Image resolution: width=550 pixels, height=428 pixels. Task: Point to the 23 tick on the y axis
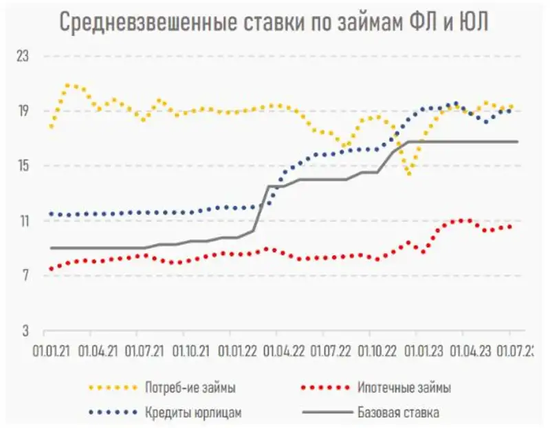(23, 56)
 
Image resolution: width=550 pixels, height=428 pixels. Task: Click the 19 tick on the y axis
(23, 111)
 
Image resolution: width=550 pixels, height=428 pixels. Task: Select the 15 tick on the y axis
(23, 167)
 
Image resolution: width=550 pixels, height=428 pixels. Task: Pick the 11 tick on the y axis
(23, 222)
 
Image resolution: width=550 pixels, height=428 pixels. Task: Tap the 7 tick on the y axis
(25, 277)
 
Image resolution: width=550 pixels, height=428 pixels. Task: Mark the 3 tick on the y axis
(25, 332)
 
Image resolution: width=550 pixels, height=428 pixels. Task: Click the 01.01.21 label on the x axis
(51, 350)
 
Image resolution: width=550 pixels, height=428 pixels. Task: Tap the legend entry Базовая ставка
(398, 413)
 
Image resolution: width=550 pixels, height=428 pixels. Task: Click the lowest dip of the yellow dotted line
(409, 174)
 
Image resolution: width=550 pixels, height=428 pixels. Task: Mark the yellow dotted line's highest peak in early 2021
(69, 85)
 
